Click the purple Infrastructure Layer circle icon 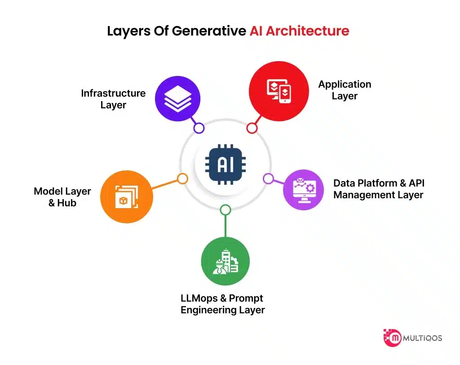(177, 99)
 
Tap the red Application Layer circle (279, 91)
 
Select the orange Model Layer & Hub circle (126, 197)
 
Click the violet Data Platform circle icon (303, 190)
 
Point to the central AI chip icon (225, 165)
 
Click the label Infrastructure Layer (113, 99)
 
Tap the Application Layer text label (345, 90)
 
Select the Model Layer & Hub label (62, 197)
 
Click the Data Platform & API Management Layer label (378, 189)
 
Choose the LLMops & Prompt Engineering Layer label (222, 304)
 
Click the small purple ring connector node (199, 128)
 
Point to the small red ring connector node (252, 128)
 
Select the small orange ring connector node (182, 178)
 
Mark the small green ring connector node (226, 209)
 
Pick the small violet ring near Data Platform (268, 178)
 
